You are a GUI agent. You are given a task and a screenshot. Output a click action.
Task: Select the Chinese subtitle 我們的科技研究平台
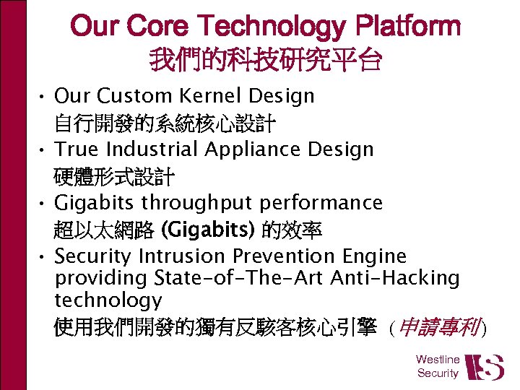tap(265, 60)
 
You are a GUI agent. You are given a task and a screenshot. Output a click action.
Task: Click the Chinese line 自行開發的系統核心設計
tap(164, 123)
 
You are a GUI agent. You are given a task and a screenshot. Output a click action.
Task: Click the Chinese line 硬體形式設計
tap(114, 176)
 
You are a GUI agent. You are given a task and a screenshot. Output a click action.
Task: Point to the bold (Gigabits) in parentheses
tap(208, 230)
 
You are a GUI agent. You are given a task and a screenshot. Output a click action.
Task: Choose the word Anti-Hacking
tap(394, 278)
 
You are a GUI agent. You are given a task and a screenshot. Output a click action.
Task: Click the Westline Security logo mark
tap(484, 367)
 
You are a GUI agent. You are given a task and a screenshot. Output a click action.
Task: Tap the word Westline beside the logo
tap(438, 359)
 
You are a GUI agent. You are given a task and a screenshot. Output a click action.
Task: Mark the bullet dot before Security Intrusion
tap(43, 257)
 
